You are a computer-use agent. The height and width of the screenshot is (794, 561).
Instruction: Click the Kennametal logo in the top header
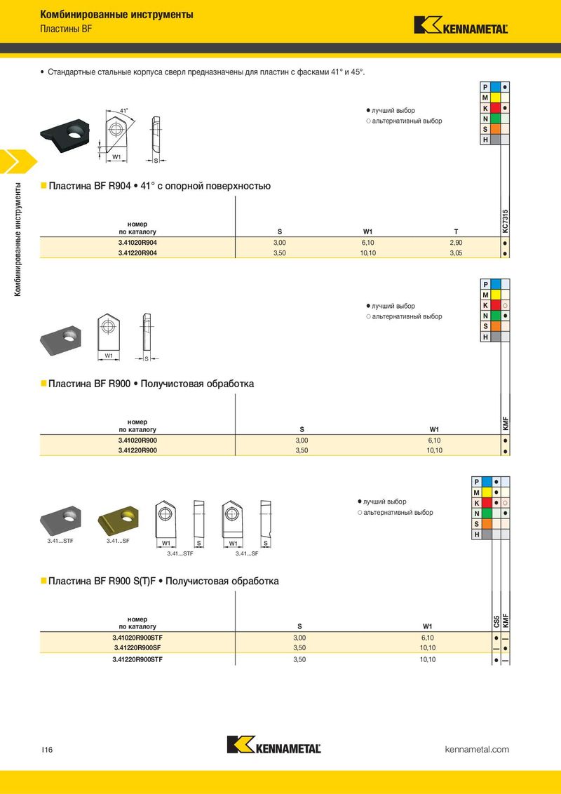pyautogui.click(x=461, y=25)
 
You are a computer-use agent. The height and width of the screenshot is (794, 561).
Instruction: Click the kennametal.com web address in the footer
pyautogui.click(x=477, y=750)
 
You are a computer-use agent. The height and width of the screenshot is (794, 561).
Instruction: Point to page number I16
pyautogui.click(x=47, y=750)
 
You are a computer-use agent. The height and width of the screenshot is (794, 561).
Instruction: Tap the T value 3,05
pyautogui.click(x=456, y=253)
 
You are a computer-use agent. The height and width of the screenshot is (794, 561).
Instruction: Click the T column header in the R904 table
pyautogui.click(x=456, y=231)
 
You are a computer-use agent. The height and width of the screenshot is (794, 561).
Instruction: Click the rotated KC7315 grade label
pyautogui.click(x=505, y=222)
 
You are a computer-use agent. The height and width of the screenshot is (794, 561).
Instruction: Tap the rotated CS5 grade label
pyautogui.click(x=496, y=621)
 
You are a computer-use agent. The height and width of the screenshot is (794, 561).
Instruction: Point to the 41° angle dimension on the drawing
pyautogui.click(x=123, y=111)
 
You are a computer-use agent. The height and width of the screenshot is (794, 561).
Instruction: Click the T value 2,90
pyautogui.click(x=456, y=242)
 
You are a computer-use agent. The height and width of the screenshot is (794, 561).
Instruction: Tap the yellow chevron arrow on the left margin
pyautogui.click(x=15, y=162)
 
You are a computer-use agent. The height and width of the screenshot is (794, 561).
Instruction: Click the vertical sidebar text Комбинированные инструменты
pyautogui.click(x=20, y=238)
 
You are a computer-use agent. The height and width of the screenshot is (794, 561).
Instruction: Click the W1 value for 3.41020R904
pyautogui.click(x=367, y=242)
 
